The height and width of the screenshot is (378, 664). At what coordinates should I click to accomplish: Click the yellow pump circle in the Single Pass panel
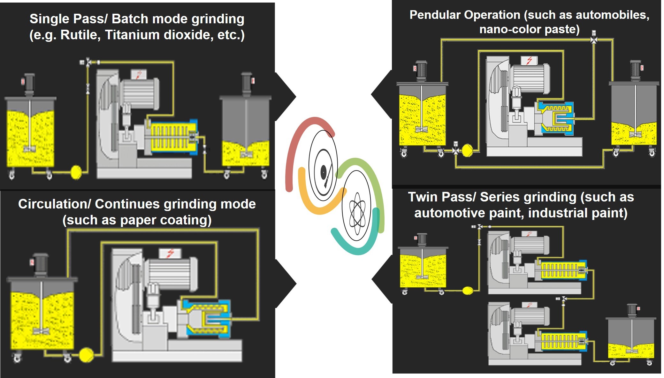coord(76,172)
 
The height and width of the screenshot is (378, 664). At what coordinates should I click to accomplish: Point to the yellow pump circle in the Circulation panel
coord(86,355)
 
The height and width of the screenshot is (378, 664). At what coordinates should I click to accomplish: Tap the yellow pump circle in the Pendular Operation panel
coord(467,150)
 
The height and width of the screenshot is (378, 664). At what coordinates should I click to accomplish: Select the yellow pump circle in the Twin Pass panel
coord(468,290)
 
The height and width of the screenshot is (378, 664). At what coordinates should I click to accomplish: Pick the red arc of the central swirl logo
coord(294,144)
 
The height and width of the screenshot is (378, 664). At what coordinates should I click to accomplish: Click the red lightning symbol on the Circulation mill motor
coord(170,253)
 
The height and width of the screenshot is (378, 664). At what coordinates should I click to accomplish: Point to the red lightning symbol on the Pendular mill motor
coord(529,60)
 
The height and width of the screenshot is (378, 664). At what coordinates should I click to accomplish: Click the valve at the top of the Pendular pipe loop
coord(593,39)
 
